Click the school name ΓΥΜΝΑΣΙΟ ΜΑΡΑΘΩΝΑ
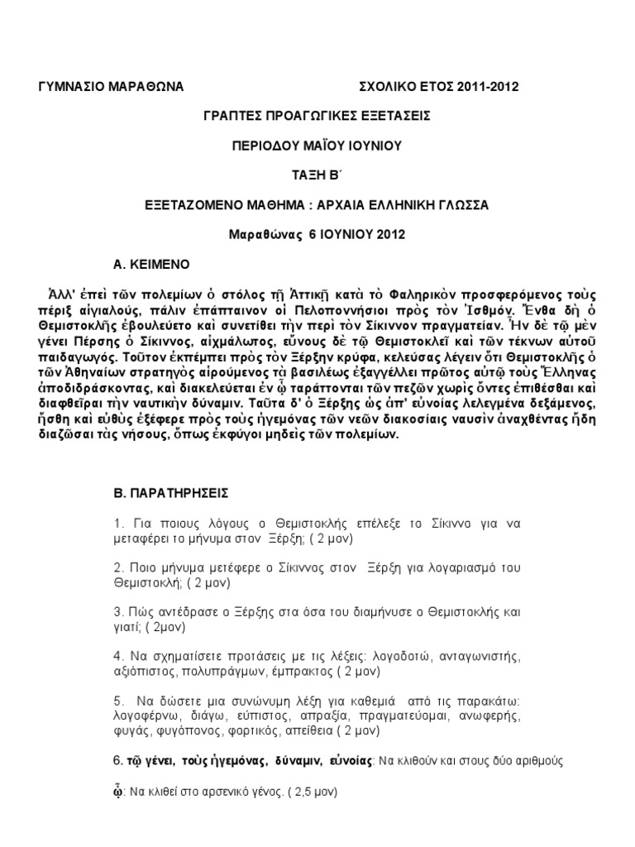tap(112, 86)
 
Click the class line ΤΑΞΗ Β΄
tap(317, 175)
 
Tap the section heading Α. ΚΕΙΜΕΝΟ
tap(152, 264)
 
